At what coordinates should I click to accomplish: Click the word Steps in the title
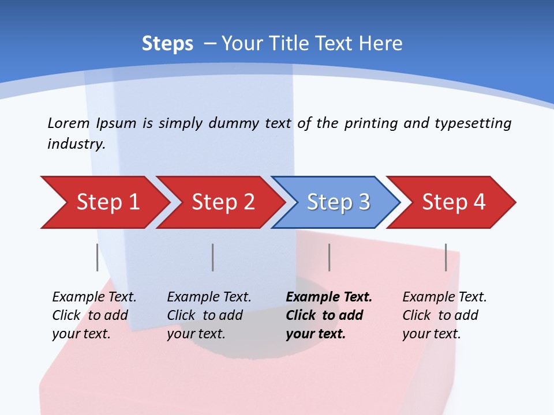coord(167,44)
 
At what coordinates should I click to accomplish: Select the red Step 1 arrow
coord(107,202)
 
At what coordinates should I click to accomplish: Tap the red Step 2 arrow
coord(223,202)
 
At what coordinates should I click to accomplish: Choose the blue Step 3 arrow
coord(338,202)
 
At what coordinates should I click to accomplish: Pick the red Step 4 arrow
coord(454,202)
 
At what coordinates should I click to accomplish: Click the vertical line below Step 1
coord(98,257)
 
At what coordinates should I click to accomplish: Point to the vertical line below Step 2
coord(213,257)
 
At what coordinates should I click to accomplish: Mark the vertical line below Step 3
coord(330,257)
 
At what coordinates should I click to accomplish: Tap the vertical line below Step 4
coord(446,257)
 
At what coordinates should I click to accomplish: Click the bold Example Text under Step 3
coord(329,297)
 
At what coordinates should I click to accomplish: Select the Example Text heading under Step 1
coord(94,297)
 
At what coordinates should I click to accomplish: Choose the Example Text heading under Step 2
coord(209,297)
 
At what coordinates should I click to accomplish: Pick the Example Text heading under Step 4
coord(444,297)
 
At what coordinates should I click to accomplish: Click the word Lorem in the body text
coord(69,123)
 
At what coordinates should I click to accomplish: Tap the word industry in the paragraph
coord(76,144)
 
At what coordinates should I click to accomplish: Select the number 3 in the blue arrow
coord(364,202)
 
